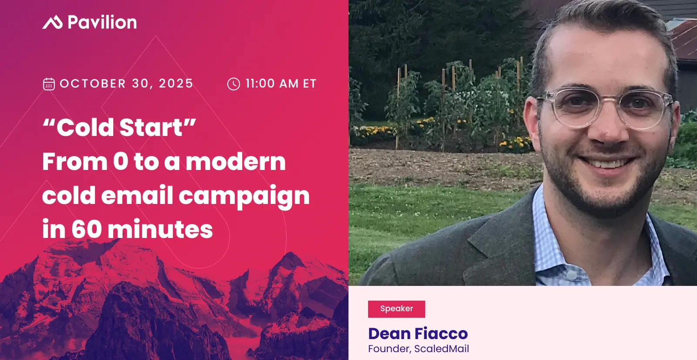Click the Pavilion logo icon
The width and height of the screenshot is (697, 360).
coord(52,22)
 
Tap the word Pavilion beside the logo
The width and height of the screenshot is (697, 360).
coord(102,22)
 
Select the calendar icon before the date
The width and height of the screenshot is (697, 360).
coord(49,84)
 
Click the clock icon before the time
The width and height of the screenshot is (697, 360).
coord(233,84)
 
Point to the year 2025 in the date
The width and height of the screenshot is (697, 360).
coord(176,83)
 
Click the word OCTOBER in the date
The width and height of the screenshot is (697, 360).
coord(93,83)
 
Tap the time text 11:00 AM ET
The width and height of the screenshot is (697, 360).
coord(281,83)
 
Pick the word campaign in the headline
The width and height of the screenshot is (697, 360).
coord(244,196)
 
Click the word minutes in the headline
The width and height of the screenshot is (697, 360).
coord(160,229)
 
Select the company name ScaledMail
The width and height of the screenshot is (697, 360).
coord(442,349)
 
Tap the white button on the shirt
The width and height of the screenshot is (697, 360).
coord(572,275)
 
